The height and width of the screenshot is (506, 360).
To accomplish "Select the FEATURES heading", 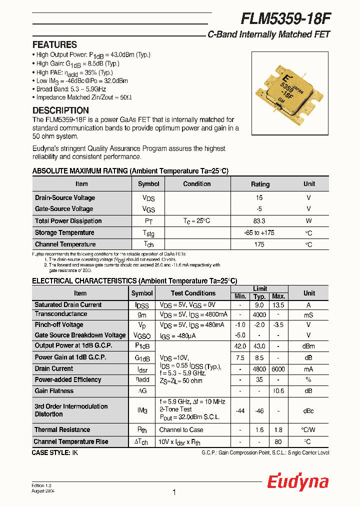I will (54, 44).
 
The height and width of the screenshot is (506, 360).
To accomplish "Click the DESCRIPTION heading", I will (60, 110).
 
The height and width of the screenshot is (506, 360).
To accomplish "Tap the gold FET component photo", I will (289, 91).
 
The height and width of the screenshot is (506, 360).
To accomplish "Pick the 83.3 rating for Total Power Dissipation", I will (259, 220).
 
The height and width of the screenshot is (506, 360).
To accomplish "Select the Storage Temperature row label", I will (64, 232).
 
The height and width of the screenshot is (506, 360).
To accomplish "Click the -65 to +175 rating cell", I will (259, 232).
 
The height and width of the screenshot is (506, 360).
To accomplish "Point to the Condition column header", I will (196, 183).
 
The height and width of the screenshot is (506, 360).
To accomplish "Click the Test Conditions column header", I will (193, 293).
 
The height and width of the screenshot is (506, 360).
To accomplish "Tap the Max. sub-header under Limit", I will (278, 296).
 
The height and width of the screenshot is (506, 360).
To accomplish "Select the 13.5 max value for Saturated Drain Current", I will (278, 305).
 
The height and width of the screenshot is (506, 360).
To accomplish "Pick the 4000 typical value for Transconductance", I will (259, 314).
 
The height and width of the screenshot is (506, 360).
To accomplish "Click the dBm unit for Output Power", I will (309, 346).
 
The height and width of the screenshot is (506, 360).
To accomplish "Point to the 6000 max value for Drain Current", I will (278, 369).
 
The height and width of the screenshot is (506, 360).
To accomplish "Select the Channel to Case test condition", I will (181, 429).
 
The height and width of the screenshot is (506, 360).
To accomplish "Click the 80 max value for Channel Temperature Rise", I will (278, 441).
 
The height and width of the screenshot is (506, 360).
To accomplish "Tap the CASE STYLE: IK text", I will (55, 452).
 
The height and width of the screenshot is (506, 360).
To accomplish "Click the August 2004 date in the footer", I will (43, 491).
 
